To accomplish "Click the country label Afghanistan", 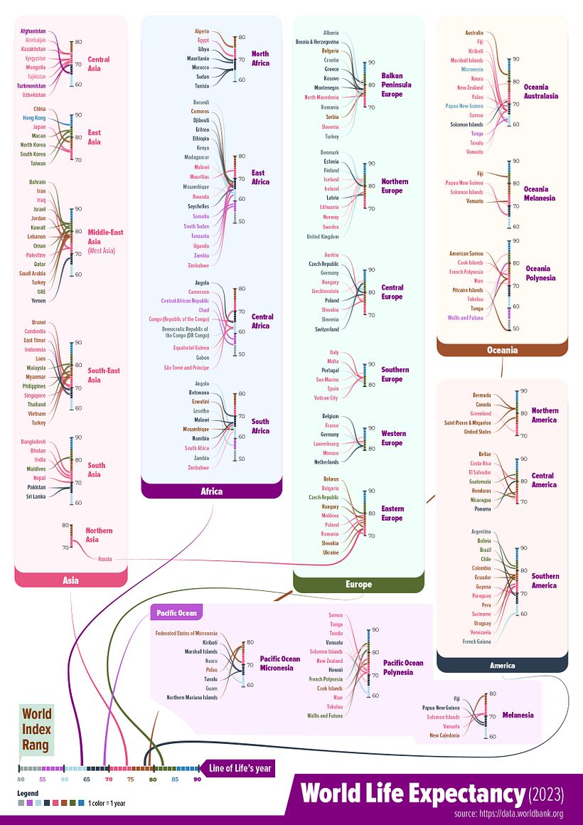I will point(33,31).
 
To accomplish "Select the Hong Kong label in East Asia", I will point(34,117).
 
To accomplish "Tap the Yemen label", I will point(38,300).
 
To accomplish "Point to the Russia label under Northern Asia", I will point(105,559).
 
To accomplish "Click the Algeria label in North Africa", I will point(202,31).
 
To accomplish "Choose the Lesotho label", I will point(200,411).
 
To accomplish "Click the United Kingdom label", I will point(323,236).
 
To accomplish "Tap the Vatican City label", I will point(326,398).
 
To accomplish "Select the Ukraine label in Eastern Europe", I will point(330,552).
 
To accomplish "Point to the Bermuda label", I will point(481,395).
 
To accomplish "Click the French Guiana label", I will point(476,642).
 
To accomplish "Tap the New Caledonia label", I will point(444,735).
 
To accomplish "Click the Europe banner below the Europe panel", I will point(358,584).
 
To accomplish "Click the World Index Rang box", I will point(36,730).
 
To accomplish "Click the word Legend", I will point(28,792).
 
